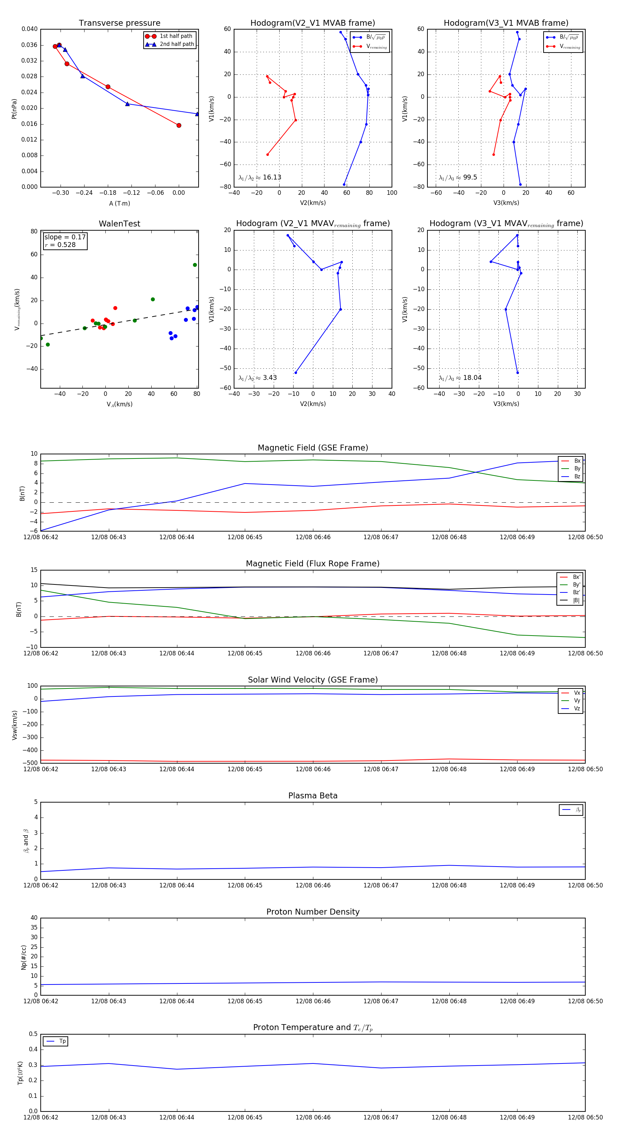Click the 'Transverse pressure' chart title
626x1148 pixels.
[x=119, y=23]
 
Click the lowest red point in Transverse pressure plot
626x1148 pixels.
[x=179, y=125]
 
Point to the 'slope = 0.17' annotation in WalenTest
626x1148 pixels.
[x=65, y=237]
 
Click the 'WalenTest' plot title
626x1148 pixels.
[x=119, y=224]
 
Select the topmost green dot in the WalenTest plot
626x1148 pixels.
[x=195, y=265]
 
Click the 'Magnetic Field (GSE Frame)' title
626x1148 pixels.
[x=313, y=448]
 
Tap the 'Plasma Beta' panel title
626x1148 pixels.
[x=313, y=796]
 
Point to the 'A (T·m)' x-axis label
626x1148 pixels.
[x=119, y=204]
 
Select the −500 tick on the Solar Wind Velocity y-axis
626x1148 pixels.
[x=31, y=763]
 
